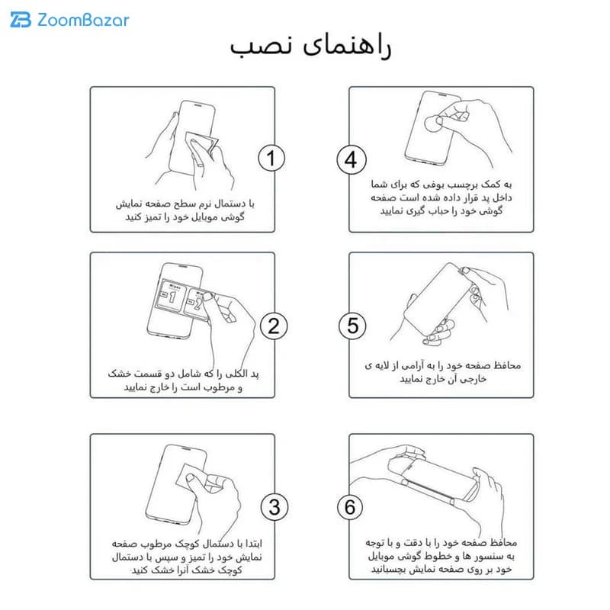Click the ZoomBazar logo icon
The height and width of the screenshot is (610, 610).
[21, 20]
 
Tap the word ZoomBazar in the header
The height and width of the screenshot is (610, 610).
[83, 21]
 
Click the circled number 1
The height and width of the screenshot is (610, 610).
[271, 158]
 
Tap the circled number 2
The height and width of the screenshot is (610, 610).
[274, 326]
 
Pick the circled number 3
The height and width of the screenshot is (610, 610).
[274, 507]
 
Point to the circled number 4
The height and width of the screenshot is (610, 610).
[352, 160]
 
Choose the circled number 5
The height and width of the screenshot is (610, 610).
[352, 326]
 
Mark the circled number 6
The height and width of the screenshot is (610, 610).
[350, 507]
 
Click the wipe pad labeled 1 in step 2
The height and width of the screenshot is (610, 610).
[171, 295]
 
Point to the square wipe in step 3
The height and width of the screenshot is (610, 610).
[191, 477]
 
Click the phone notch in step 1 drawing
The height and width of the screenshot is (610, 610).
[197, 105]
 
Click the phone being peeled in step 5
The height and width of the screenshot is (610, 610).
[438, 300]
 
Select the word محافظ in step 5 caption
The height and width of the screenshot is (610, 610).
[507, 365]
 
